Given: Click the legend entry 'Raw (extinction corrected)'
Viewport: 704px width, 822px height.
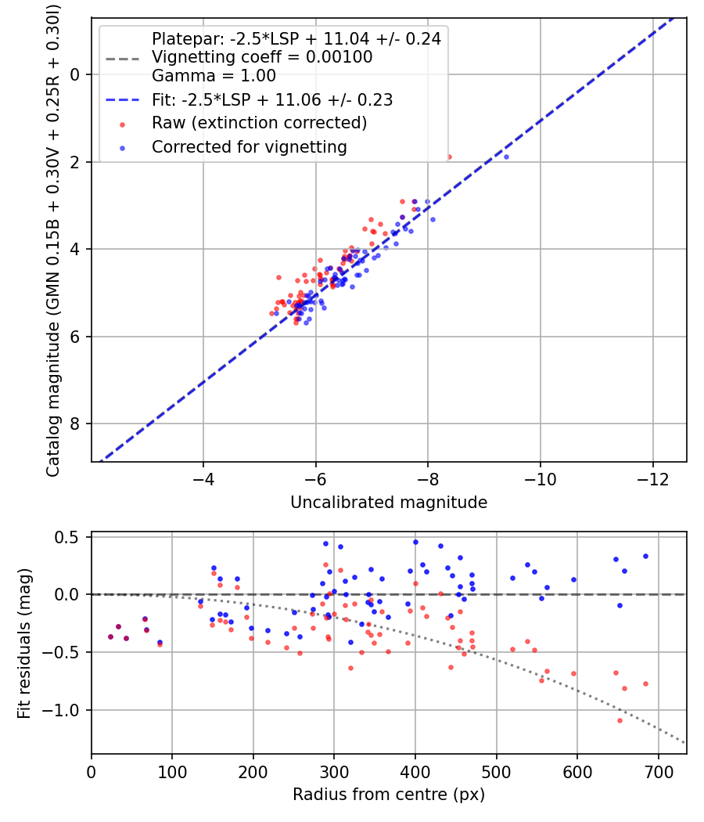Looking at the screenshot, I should pyautogui.click(x=259, y=123).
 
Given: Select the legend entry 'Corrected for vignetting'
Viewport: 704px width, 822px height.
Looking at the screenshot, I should pyautogui.click(x=249, y=146).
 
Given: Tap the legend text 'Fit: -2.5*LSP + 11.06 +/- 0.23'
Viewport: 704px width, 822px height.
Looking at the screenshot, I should pyautogui.click(x=272, y=100).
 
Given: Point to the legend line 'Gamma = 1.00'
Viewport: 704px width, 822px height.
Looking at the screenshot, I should pyautogui.click(x=214, y=77).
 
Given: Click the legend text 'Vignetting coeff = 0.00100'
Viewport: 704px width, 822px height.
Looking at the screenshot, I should pyautogui.click(x=262, y=57).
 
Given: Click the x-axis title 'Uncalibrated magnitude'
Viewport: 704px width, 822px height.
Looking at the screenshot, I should pyautogui.click(x=389, y=503).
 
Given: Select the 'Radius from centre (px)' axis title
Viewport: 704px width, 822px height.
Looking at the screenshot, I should pyautogui.click(x=389, y=795).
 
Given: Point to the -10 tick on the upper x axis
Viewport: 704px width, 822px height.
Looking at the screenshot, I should pyautogui.click(x=540, y=478).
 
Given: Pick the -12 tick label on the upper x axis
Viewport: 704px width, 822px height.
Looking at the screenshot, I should pyautogui.click(x=652, y=478).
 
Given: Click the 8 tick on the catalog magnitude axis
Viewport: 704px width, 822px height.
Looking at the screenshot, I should pyautogui.click(x=74, y=424).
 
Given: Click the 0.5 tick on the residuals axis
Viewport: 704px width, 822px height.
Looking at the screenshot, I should pyautogui.click(x=72, y=537).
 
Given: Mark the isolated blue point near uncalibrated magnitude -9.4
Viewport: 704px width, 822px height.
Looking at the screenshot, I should pyautogui.click(x=506, y=157).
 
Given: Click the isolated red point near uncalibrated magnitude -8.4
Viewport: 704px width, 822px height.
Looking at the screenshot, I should pyautogui.click(x=449, y=157).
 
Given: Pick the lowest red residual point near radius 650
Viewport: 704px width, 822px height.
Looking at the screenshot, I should pyautogui.click(x=620, y=720).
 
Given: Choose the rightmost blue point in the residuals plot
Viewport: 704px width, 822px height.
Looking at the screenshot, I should pyautogui.click(x=645, y=556).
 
